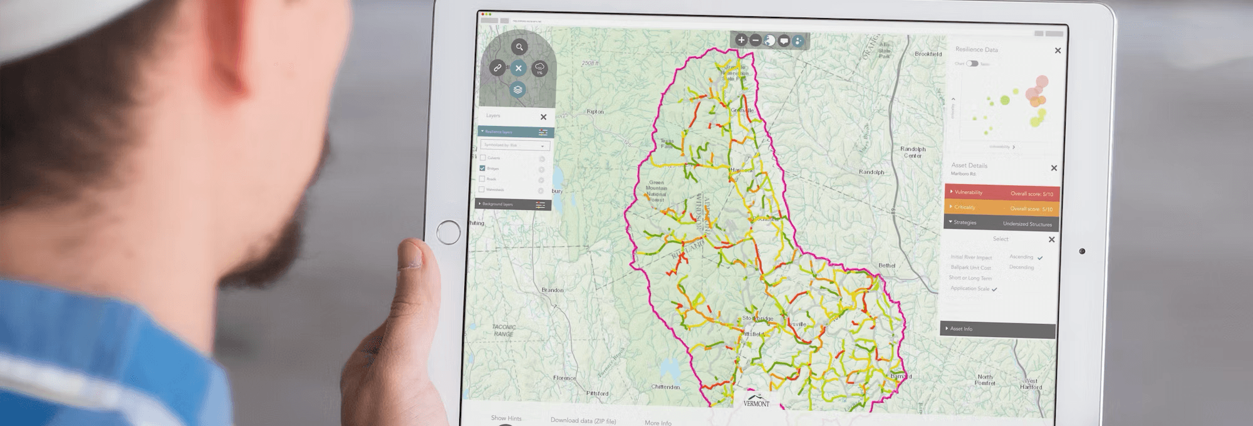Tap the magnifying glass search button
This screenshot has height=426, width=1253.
(519, 47)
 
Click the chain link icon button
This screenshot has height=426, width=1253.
(497, 68)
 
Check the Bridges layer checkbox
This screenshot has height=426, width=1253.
(482, 169)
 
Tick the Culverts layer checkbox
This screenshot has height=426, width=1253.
(482, 158)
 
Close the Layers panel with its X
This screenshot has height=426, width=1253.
(543, 117)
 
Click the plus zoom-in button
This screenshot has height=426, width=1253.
(741, 40)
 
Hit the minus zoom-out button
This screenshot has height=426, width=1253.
(756, 40)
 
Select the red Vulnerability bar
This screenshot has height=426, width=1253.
(1001, 193)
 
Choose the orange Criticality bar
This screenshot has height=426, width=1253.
(1001, 207)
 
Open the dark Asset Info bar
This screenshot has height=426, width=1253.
(999, 329)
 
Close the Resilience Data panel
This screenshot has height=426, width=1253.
(1058, 51)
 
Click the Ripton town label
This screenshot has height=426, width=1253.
(595, 112)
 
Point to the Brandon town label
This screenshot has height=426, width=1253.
(553, 290)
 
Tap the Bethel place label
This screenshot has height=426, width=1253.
(886, 266)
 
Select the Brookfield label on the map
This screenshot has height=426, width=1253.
(928, 55)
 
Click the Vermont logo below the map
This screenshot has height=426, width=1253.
(756, 401)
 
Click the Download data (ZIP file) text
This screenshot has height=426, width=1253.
(583, 420)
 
